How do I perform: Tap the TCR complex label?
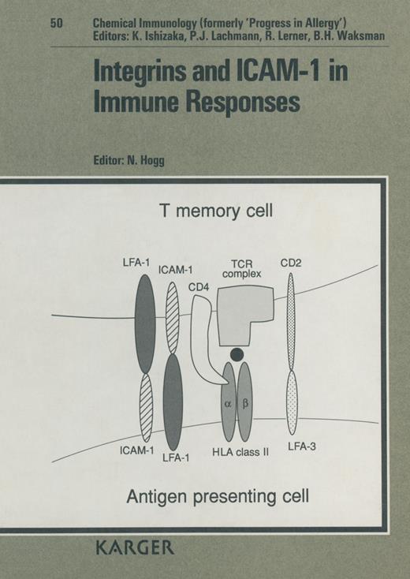244,268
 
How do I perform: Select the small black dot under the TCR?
236,353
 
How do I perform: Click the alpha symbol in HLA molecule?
229,402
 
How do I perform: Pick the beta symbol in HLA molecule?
244,402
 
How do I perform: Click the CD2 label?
291,261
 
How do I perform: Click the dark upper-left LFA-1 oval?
145,323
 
